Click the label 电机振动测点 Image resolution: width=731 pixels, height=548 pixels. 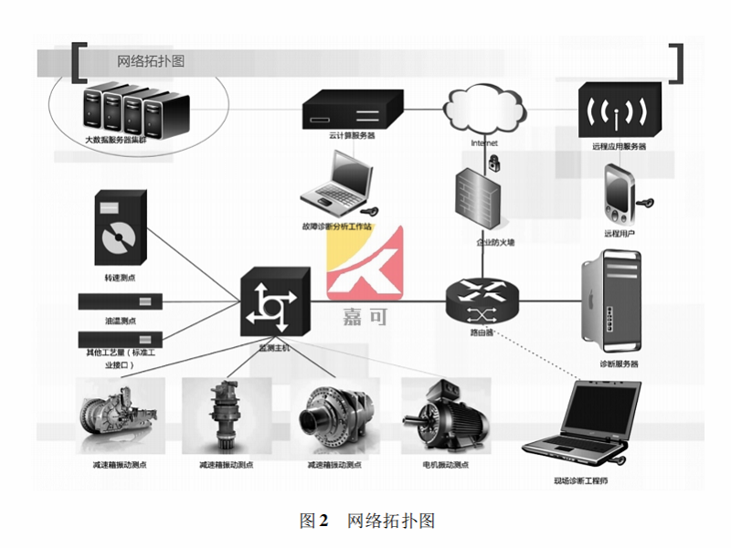click(x=446, y=465)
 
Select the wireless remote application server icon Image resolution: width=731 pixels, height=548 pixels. click(x=619, y=111)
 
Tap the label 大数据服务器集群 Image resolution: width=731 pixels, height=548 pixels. click(x=122, y=140)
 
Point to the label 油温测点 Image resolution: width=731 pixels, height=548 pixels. click(x=121, y=321)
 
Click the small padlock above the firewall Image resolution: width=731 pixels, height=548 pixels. click(x=493, y=163)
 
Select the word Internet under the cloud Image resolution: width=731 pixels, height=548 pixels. click(x=484, y=143)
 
